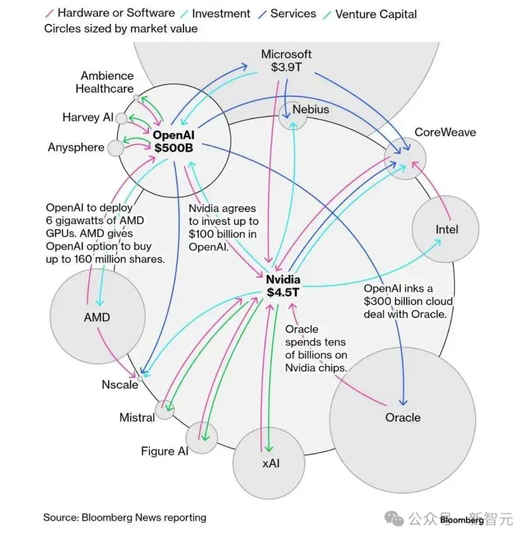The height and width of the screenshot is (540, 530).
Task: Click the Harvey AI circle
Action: point(121,119)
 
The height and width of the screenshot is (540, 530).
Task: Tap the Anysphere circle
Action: point(115,148)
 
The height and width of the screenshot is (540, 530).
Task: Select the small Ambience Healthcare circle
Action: point(136,98)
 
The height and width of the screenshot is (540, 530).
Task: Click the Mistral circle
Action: point(164,410)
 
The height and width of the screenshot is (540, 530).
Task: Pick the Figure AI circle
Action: point(201,438)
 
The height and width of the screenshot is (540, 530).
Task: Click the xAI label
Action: point(271,464)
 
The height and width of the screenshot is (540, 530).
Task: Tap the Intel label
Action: point(447,229)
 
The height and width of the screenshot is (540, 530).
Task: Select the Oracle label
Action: point(403,417)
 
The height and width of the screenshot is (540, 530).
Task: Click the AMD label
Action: point(97,317)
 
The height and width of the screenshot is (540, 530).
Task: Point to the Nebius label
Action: point(311,109)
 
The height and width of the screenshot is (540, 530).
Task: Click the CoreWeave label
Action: point(445,133)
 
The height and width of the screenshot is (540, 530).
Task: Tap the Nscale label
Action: point(120,384)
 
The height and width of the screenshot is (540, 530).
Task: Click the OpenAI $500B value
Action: point(174,148)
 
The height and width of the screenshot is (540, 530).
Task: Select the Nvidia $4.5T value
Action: point(283,292)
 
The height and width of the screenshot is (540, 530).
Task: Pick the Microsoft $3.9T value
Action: point(286,67)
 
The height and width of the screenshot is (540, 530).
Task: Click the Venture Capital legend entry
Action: point(370,14)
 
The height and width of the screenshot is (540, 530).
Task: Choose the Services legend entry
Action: point(288,13)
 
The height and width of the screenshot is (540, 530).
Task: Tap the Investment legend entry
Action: point(215,13)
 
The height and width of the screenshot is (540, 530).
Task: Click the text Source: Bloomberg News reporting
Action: point(125,517)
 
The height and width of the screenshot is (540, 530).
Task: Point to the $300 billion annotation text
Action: point(408,301)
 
